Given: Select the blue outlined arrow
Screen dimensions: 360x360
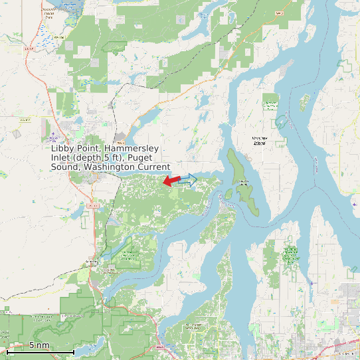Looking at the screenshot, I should [189, 179].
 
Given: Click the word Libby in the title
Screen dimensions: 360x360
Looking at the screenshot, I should [62, 148].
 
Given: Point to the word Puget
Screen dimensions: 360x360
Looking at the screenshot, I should [155, 157].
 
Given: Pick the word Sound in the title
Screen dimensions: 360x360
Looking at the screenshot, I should [65, 167].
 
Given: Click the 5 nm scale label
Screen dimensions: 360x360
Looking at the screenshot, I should [39, 345].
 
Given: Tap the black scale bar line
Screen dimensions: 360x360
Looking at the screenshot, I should [40, 352].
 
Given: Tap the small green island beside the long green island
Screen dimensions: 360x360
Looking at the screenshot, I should [229, 194].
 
